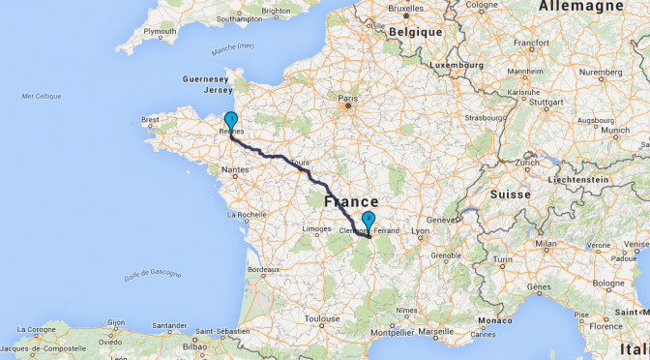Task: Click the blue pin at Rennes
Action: click(x=230, y=121)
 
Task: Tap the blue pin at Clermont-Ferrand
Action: click(x=369, y=220)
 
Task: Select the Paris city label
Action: click(x=347, y=98)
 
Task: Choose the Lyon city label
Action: click(x=420, y=231)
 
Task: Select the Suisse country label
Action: click(x=511, y=194)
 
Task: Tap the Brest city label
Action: click(x=150, y=121)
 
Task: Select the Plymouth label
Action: click(x=160, y=31)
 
